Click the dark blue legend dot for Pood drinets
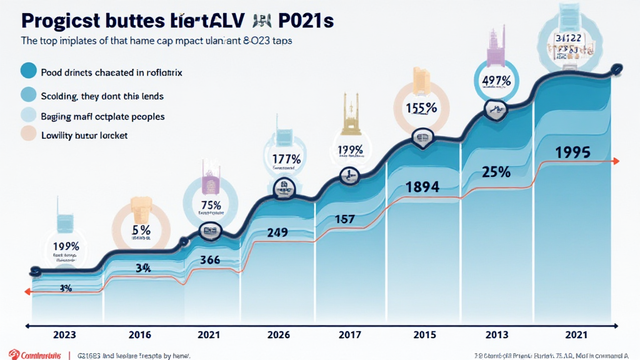[x=29, y=71]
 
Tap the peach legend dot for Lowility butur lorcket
[x=29, y=134]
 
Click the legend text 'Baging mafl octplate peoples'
[x=102, y=116]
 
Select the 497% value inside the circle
[x=497, y=81]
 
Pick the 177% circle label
[x=286, y=158]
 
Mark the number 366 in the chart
[x=208, y=261]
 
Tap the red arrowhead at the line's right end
[x=616, y=161]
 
